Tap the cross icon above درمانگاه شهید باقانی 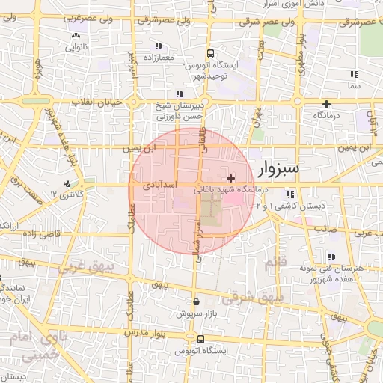tap(231, 179)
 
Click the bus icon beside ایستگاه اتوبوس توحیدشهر tap(211, 54)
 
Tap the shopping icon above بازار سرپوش tap(196, 302)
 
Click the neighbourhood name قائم tap(275, 263)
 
